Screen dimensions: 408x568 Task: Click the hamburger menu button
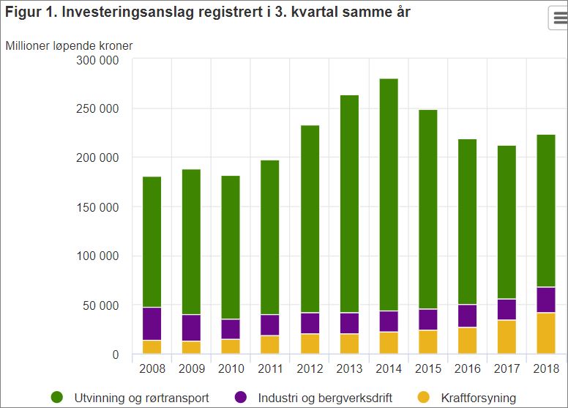click(558, 18)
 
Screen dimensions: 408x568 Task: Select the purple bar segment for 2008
click(152, 324)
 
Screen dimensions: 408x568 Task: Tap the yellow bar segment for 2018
click(546, 333)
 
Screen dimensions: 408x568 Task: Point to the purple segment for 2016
click(468, 316)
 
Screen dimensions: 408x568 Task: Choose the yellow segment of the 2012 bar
click(310, 344)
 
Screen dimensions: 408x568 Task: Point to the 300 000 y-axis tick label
click(97, 60)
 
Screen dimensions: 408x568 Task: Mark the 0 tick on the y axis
click(114, 355)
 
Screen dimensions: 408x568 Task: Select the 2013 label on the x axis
click(349, 368)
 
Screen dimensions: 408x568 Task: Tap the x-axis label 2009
click(191, 368)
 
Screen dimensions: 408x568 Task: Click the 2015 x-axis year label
click(428, 368)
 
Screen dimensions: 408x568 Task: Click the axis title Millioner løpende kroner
click(69, 45)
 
